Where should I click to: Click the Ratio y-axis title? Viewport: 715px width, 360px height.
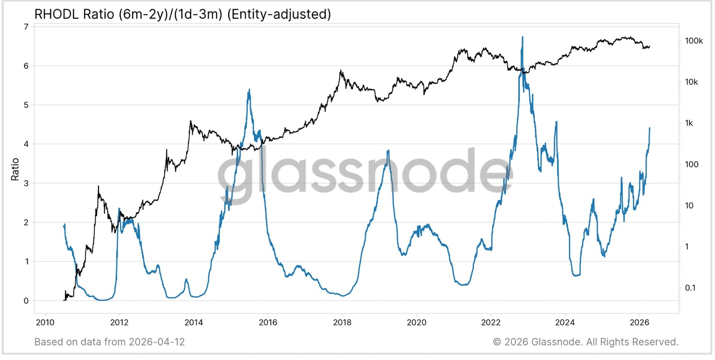point(15,169)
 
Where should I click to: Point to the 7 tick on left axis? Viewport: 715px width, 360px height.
point(26,27)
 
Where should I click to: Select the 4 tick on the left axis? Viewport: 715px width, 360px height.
point(26,144)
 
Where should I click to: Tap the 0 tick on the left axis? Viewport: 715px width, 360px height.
point(26,301)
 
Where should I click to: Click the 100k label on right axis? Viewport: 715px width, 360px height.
point(694,41)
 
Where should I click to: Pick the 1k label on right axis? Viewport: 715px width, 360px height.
point(689,123)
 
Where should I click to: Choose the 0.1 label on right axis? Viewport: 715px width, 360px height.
point(690,288)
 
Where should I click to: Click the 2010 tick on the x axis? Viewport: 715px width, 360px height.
point(45,322)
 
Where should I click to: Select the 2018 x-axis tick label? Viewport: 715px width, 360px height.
point(342,322)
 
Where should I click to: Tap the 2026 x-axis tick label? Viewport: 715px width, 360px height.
point(639,322)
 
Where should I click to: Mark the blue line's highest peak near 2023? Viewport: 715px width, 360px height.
point(522,37)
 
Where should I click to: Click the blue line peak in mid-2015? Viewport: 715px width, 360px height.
point(249,90)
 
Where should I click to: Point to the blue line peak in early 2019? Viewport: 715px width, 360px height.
point(388,151)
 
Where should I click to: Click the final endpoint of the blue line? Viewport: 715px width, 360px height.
point(650,128)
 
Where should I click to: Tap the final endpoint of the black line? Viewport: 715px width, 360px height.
point(650,46)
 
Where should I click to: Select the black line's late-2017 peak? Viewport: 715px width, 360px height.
point(341,70)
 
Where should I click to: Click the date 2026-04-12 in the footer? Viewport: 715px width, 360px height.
point(156,342)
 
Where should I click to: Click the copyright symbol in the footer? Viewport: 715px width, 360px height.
point(497,342)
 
